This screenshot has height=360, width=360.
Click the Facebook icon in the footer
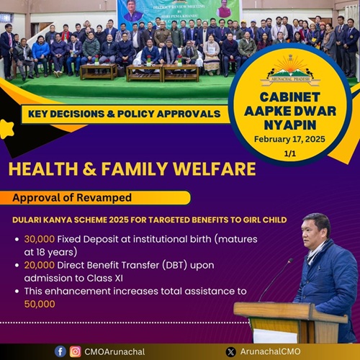(60, 351)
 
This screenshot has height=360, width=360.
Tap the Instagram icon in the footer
(75, 351)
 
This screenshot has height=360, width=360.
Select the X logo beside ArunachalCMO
(230, 351)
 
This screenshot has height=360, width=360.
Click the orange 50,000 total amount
(42, 305)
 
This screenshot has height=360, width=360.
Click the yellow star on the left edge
(7, 129)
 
